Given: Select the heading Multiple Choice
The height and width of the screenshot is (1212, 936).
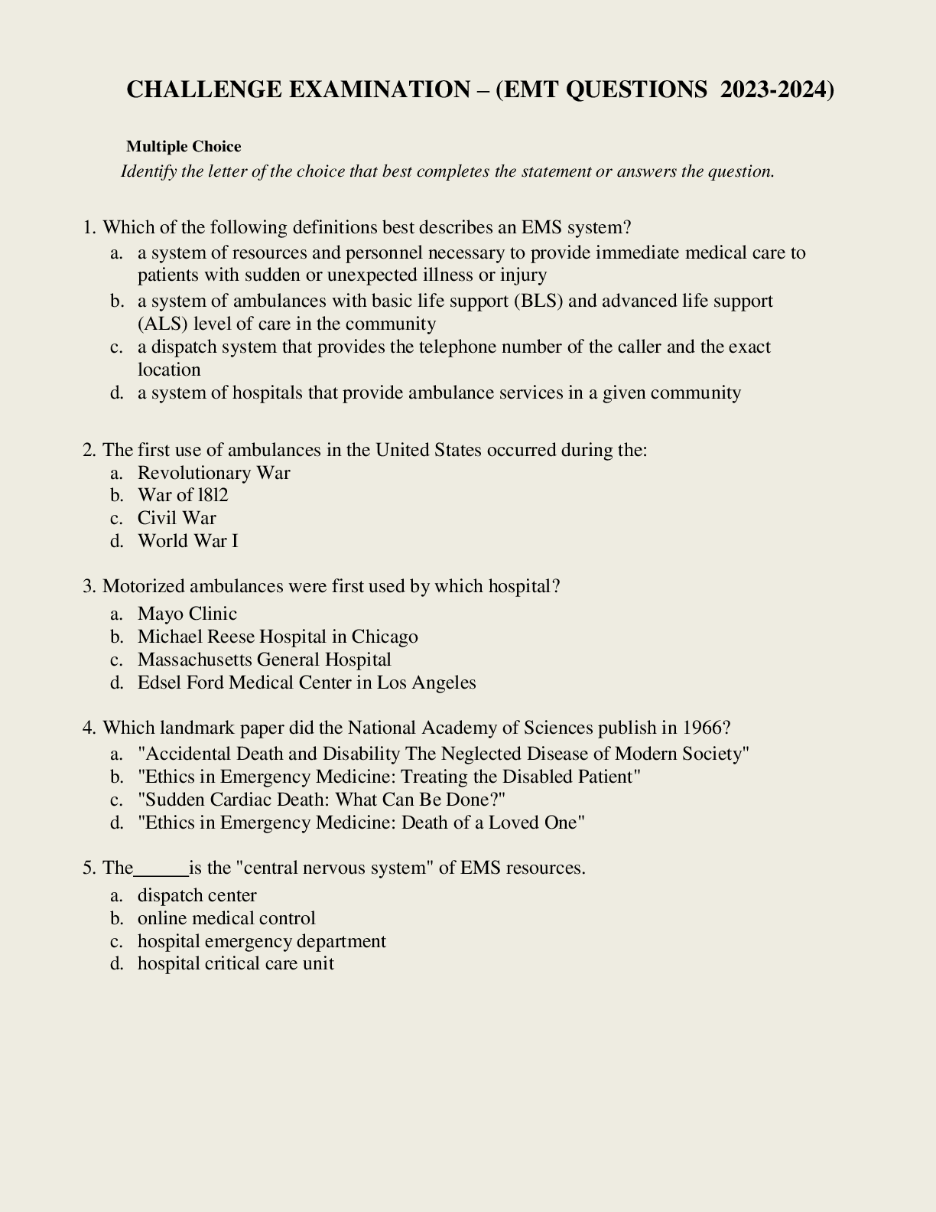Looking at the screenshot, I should pos(184,146).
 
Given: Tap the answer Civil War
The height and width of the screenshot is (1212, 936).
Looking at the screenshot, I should pos(177,518).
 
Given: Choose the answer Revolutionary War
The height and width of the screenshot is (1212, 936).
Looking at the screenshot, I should pos(213,473).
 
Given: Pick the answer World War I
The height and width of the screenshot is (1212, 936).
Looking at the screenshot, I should pos(187,541).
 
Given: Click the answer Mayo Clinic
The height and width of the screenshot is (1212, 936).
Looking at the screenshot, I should pos(187,614).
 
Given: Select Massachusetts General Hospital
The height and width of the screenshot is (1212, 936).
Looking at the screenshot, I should pos(264,660).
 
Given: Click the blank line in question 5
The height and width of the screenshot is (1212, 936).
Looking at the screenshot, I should pos(161,868).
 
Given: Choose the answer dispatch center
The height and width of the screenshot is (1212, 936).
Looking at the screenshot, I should pos(197,895).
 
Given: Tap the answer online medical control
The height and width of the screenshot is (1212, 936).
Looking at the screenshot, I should pos(226,918).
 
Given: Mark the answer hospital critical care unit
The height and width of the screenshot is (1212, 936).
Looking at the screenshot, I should pos(236,963).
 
